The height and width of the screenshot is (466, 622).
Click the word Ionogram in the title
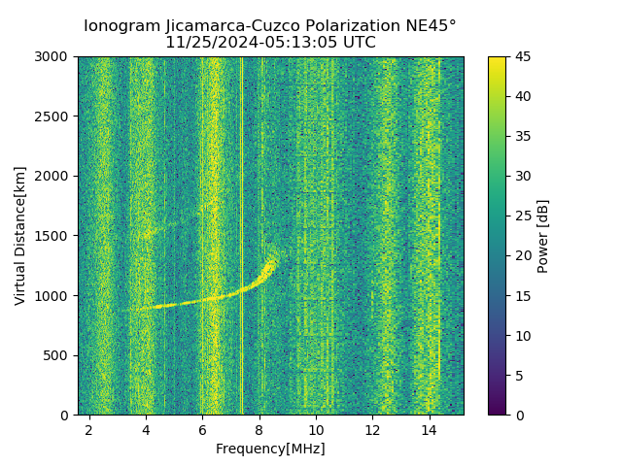[x=121, y=26]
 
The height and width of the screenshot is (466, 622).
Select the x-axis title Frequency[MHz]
[x=270, y=449]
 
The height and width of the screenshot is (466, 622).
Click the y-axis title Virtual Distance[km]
[x=20, y=235]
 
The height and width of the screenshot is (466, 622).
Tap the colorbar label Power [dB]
[x=543, y=236]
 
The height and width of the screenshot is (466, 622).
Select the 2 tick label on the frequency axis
[x=89, y=429]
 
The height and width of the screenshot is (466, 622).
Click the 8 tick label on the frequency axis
[x=259, y=429]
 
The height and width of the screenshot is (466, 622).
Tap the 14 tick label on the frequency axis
[x=429, y=429]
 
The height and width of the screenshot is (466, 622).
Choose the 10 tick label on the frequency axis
[x=316, y=429]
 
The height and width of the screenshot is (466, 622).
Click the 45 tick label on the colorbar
[x=521, y=56]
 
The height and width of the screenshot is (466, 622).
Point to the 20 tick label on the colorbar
[x=521, y=255]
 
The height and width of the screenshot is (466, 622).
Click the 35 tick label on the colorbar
[x=521, y=136]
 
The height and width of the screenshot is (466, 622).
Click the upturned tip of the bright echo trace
[x=273, y=258]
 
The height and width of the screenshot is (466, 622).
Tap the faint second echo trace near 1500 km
[x=155, y=231]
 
